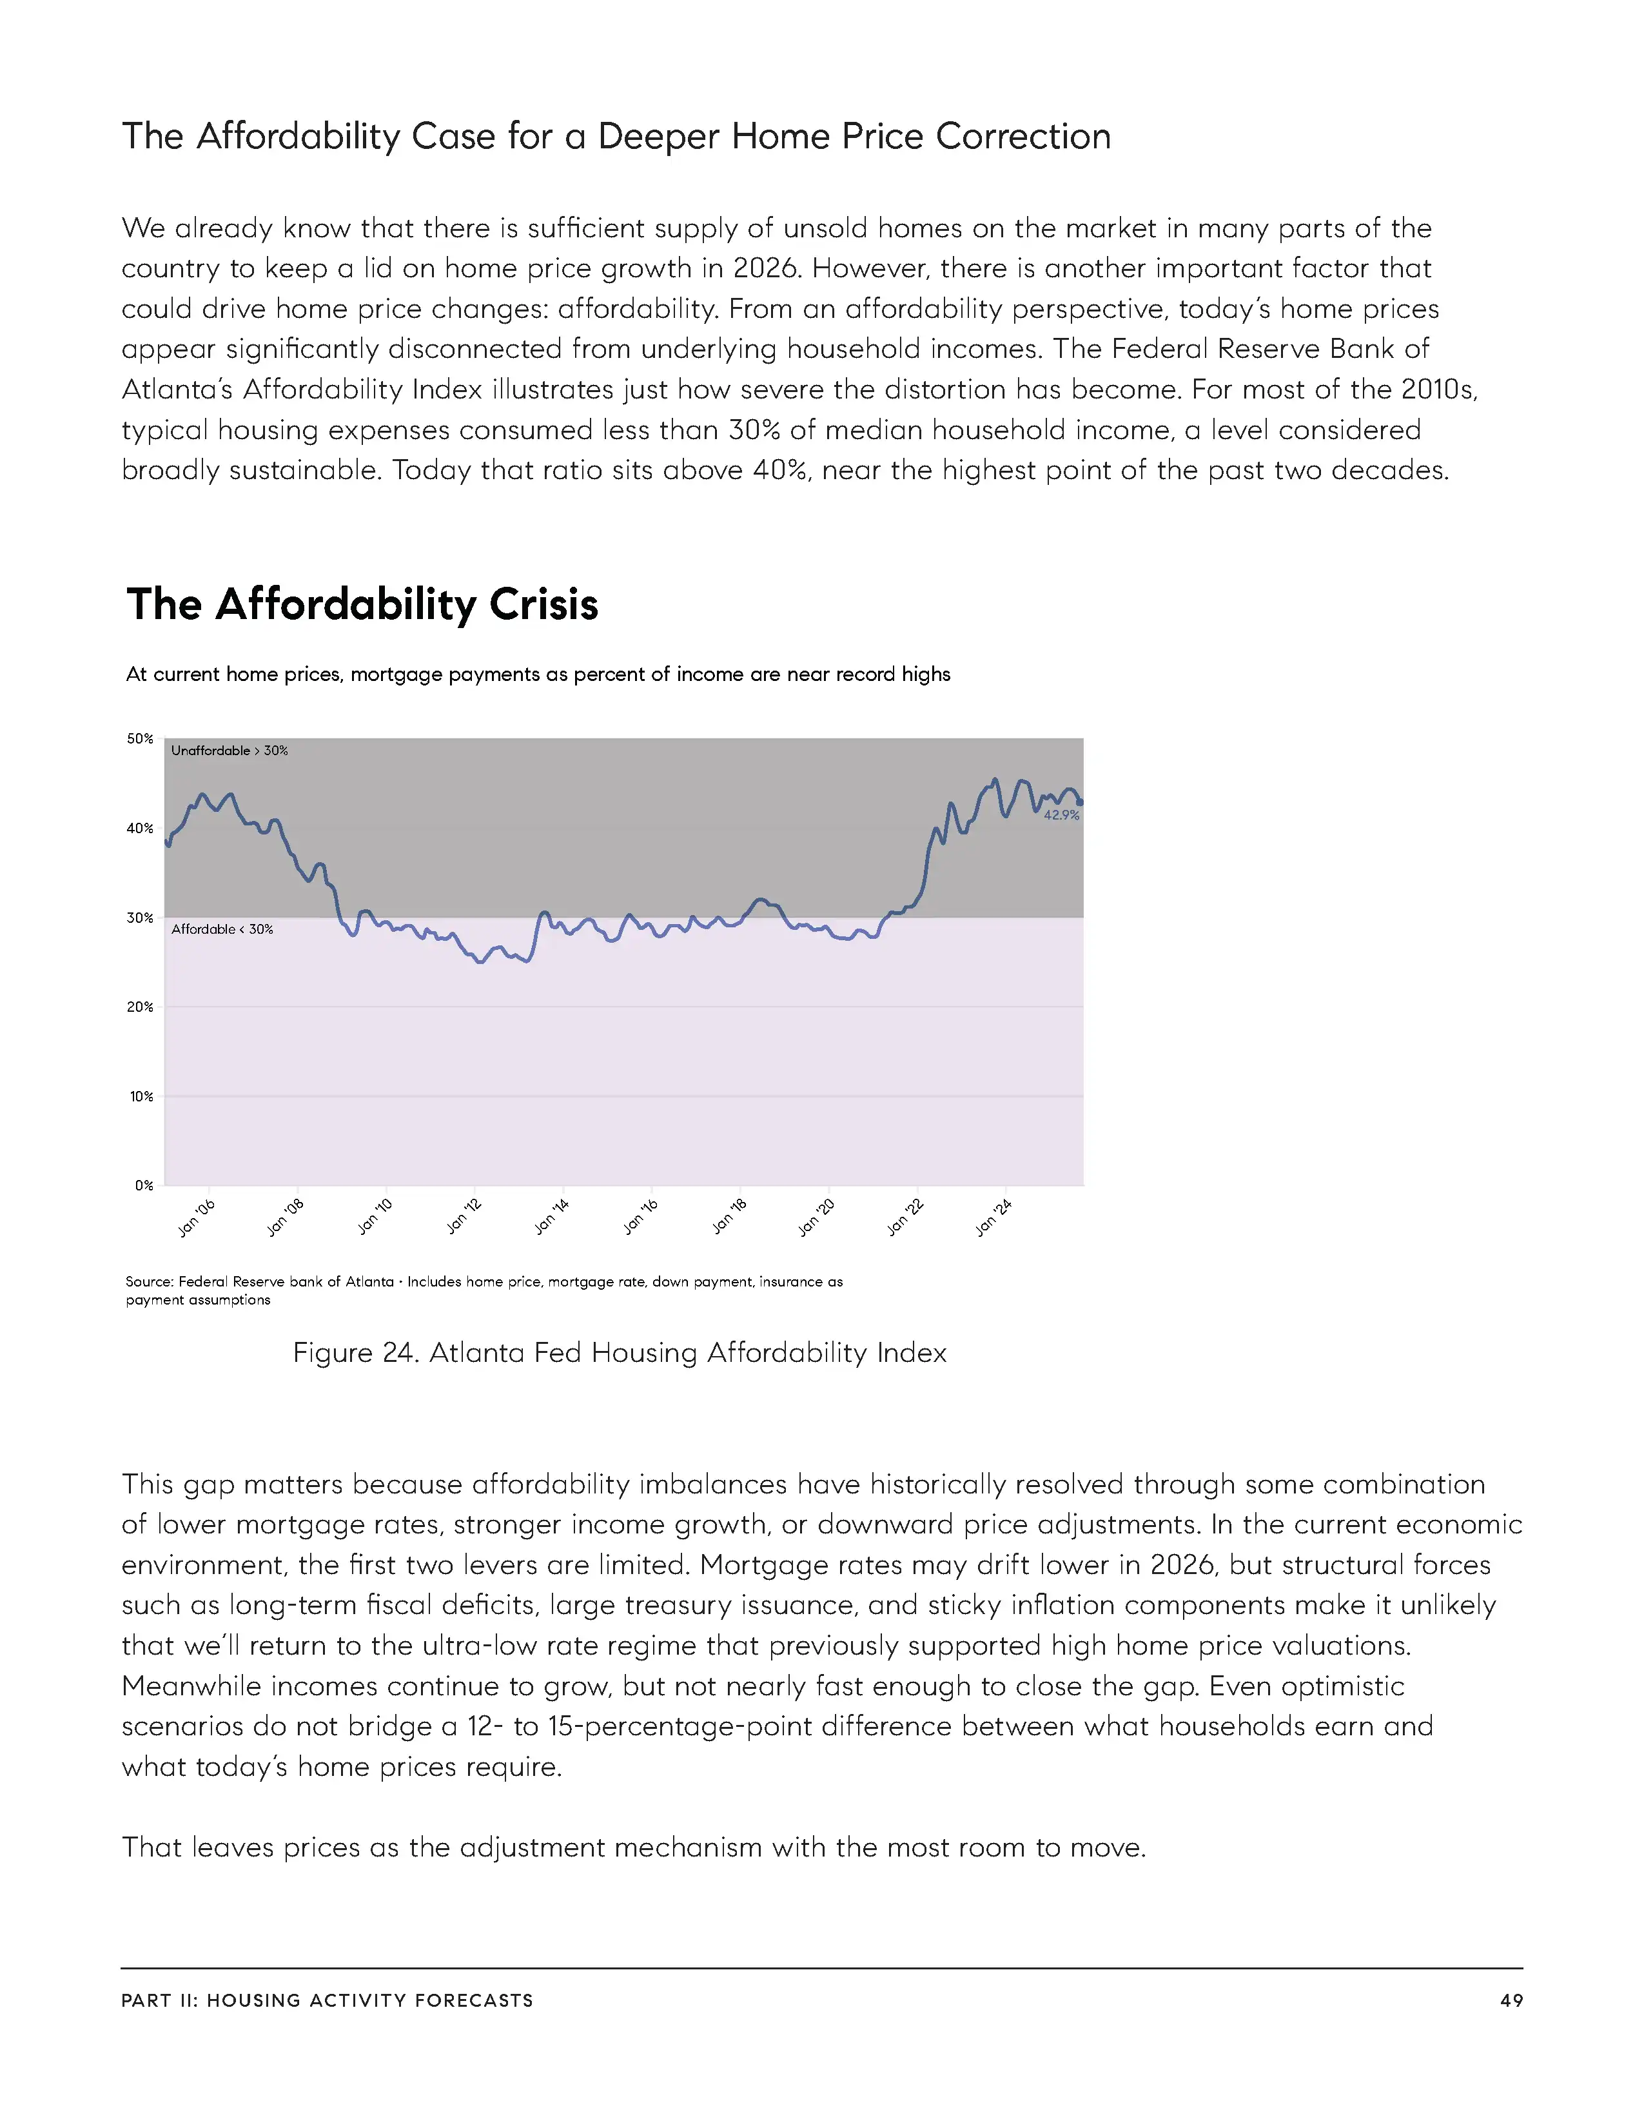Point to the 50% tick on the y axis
141,738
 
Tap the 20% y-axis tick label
141,1007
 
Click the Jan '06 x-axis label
197,1218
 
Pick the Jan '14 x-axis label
553,1218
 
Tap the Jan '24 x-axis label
994,1218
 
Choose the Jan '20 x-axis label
817,1218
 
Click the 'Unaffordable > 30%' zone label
230,750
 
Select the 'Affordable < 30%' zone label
222,929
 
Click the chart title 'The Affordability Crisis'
362,604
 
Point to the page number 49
1511,2000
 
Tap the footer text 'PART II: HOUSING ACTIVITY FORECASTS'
328,2000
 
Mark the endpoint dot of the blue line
1080,803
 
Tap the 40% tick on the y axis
141,828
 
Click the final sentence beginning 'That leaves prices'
633,1847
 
